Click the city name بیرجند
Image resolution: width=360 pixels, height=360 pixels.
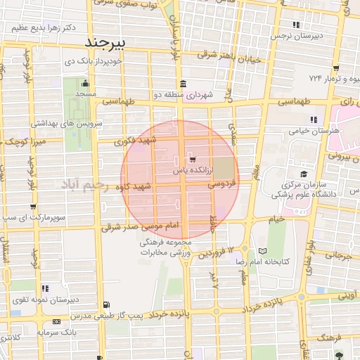click(103, 42)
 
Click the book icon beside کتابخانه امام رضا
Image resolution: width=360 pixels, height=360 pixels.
click(262, 251)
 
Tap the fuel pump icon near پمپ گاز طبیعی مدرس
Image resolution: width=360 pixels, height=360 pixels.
click(106, 304)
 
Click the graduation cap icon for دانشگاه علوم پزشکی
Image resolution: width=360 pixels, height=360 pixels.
click(303, 174)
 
